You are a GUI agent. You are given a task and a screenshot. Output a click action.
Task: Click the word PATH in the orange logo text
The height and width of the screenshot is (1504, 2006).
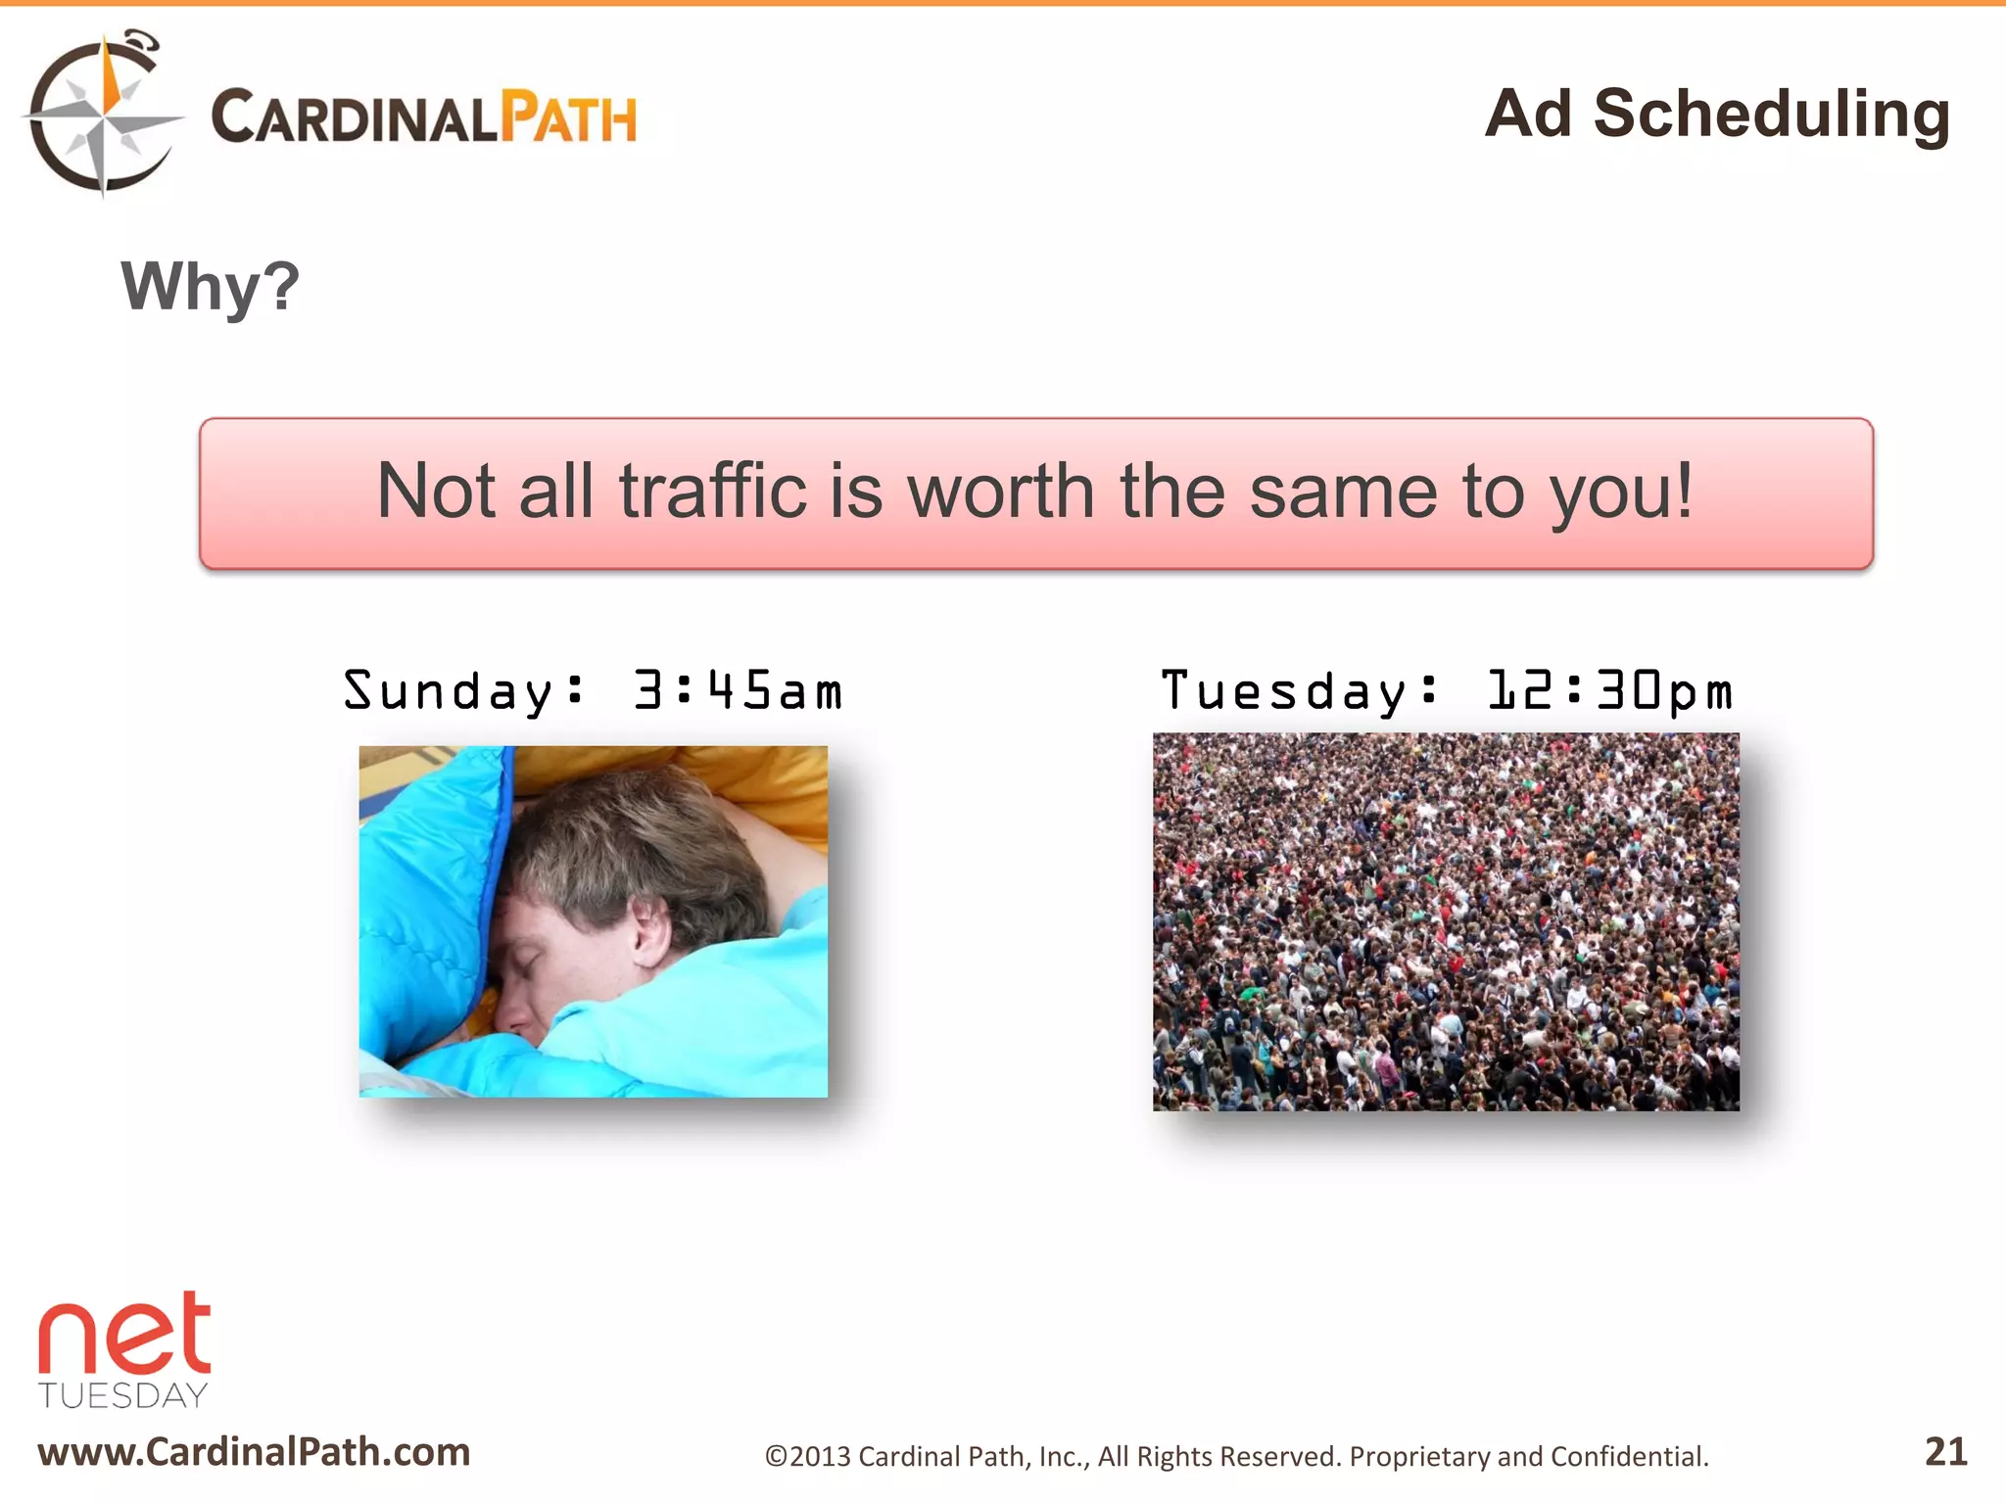[568, 118]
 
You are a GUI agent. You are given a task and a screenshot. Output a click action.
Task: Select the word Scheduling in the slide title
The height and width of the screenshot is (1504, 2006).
[1771, 115]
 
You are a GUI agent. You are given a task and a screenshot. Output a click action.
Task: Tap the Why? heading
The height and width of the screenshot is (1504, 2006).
[210, 287]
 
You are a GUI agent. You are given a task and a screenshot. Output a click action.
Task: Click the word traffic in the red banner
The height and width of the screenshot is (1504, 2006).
[712, 492]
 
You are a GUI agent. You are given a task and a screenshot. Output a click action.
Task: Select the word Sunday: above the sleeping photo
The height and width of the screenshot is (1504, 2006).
[463, 691]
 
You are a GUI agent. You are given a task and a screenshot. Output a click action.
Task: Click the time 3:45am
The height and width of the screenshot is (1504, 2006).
[738, 691]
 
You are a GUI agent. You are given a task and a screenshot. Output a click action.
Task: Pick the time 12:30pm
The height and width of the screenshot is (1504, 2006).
[1610, 691]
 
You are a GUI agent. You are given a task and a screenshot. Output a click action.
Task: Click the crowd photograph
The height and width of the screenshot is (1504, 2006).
[1446, 921]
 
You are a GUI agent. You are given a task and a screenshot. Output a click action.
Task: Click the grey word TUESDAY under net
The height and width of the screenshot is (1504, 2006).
[123, 1395]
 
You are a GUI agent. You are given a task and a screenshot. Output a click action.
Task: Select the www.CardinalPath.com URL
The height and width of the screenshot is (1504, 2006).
[254, 1452]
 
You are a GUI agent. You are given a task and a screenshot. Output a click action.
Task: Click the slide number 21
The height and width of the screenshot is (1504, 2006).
[1945, 1451]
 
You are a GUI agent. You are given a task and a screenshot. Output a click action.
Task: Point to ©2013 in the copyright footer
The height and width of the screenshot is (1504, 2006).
[807, 1457]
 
